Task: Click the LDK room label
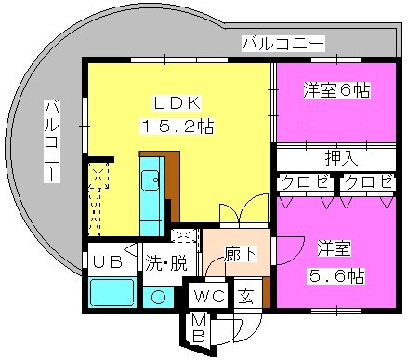tap(177, 104)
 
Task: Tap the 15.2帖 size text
tap(177, 127)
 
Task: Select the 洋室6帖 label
tap(336, 90)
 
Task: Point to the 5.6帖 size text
tap(335, 276)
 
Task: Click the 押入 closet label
tap(341, 158)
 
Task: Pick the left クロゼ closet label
tap(305, 182)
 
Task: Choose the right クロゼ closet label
tap(368, 182)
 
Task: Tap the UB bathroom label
tap(108, 262)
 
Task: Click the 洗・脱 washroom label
tap(166, 264)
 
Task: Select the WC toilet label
tap(209, 297)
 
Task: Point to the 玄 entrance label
tap(245, 297)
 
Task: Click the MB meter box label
tap(199, 328)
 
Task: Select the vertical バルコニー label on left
tap(52, 141)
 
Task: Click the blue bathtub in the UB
tap(112, 293)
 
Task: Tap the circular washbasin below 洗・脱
tap(158, 298)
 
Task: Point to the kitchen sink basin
tap(151, 180)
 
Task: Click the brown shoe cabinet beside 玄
tap(267, 292)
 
